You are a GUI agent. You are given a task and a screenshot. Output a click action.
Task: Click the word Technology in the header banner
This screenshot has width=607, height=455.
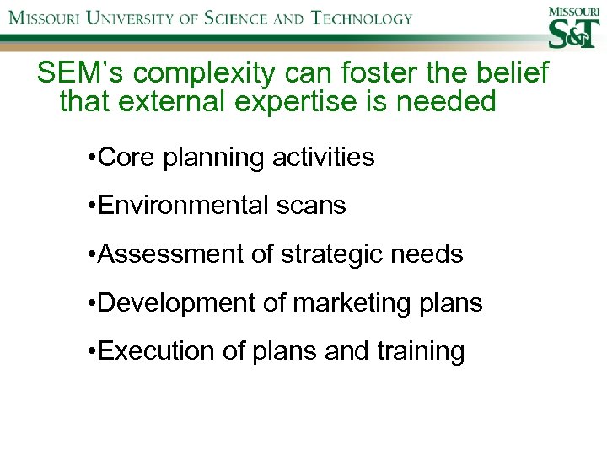coord(363,18)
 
